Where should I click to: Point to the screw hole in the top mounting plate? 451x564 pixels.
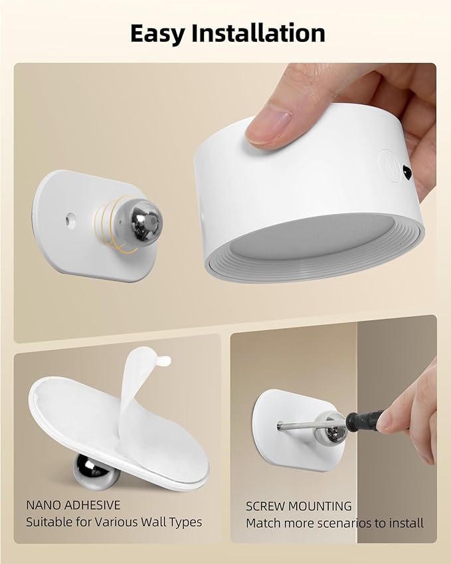[69, 217]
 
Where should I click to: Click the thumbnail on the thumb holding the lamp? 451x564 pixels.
[268, 122]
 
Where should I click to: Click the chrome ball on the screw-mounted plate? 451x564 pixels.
[330, 428]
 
